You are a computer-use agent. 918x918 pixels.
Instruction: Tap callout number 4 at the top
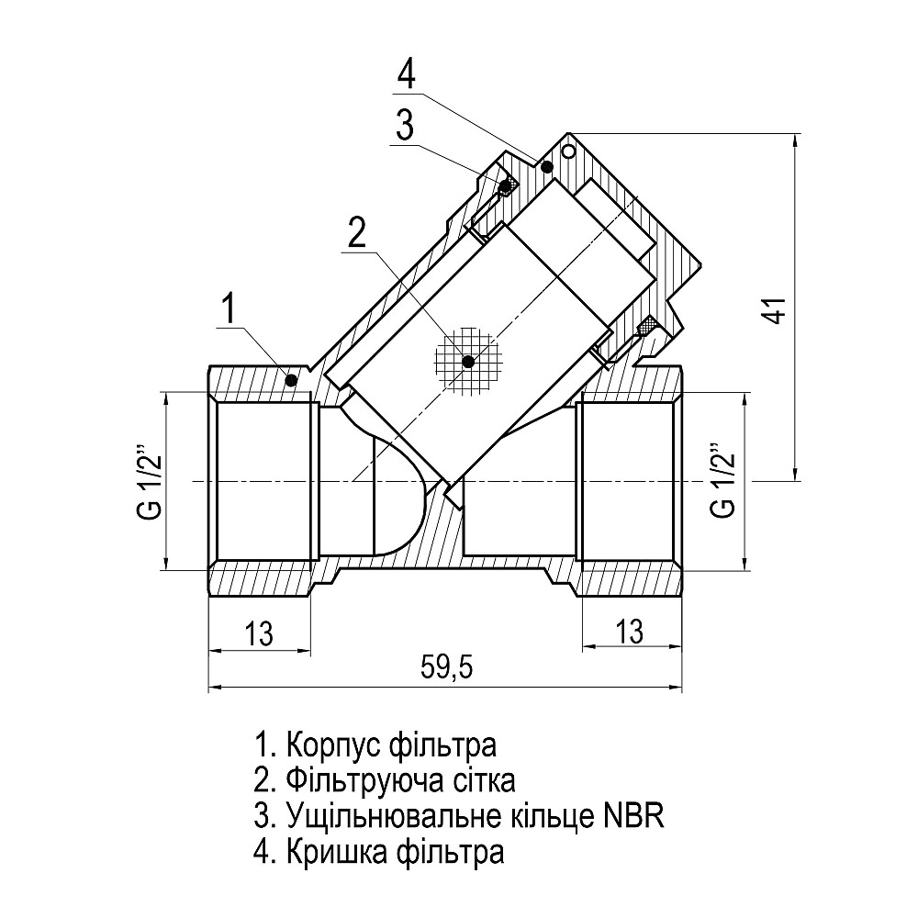tap(407, 74)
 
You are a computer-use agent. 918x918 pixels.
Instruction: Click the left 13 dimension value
tap(260, 632)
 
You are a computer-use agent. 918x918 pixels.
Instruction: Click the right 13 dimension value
tap(630, 632)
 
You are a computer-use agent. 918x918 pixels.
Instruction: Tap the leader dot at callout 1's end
tap(291, 380)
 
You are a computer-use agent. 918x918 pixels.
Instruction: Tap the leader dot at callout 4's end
tap(547, 166)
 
